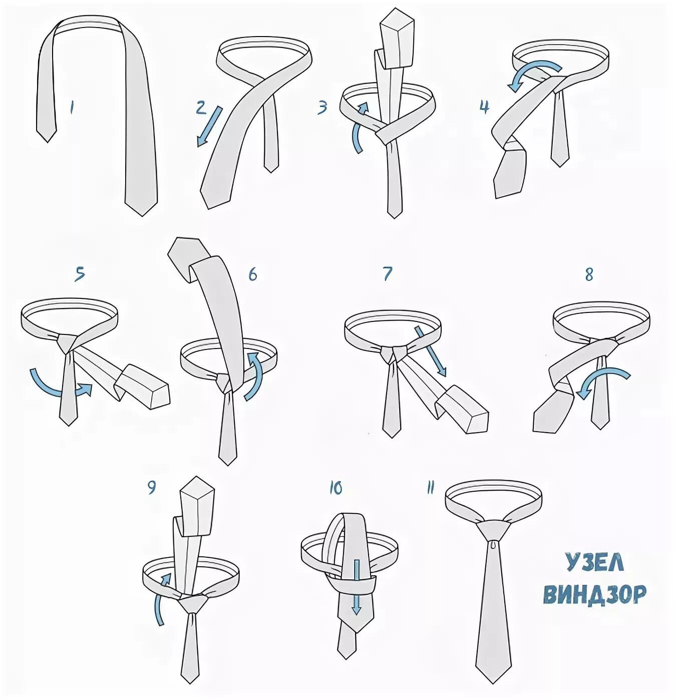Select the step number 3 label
322,107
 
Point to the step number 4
484,107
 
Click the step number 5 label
80,273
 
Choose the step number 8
588,275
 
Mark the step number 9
151,487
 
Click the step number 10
335,489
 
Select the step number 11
430,488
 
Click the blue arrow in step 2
209,126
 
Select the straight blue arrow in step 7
430,351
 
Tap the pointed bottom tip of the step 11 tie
493,683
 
